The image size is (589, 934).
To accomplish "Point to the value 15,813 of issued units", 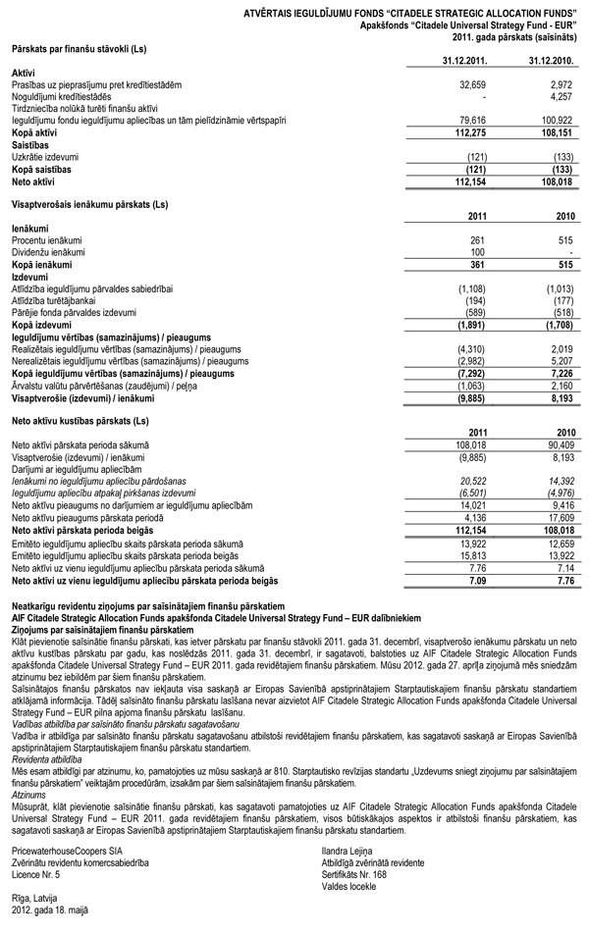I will pos(473,553).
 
